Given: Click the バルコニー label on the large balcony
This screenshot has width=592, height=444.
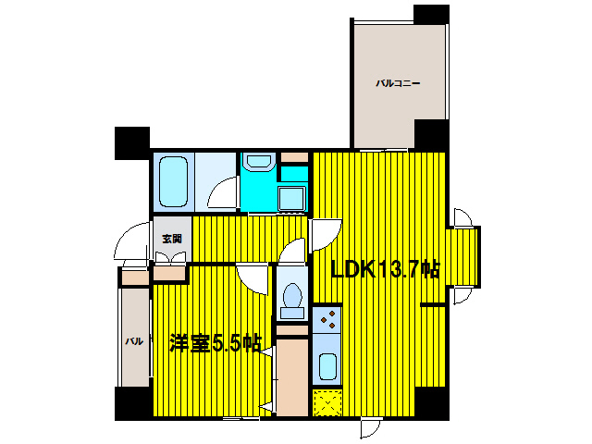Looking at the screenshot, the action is [x=398, y=83].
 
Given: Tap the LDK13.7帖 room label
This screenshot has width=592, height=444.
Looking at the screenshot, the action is [x=386, y=269].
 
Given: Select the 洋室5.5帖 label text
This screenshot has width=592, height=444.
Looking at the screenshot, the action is [x=216, y=343].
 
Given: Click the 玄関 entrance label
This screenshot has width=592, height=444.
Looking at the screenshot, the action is [x=172, y=239].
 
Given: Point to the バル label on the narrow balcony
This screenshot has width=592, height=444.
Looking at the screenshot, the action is [x=134, y=341].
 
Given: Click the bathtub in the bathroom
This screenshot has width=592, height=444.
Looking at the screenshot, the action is [x=173, y=181].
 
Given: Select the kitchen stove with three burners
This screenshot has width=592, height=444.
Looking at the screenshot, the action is [x=327, y=319].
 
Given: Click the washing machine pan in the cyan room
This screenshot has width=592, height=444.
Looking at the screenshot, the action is [x=291, y=198].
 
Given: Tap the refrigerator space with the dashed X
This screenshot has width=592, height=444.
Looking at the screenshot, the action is [x=327, y=403].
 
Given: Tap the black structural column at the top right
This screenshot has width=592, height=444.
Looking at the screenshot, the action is [x=431, y=15].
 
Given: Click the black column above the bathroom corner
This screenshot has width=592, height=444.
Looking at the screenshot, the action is [x=132, y=142].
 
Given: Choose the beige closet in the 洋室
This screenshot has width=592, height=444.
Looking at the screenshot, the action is [x=292, y=377].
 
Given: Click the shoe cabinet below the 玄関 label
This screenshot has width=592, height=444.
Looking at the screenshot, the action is [x=169, y=274].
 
